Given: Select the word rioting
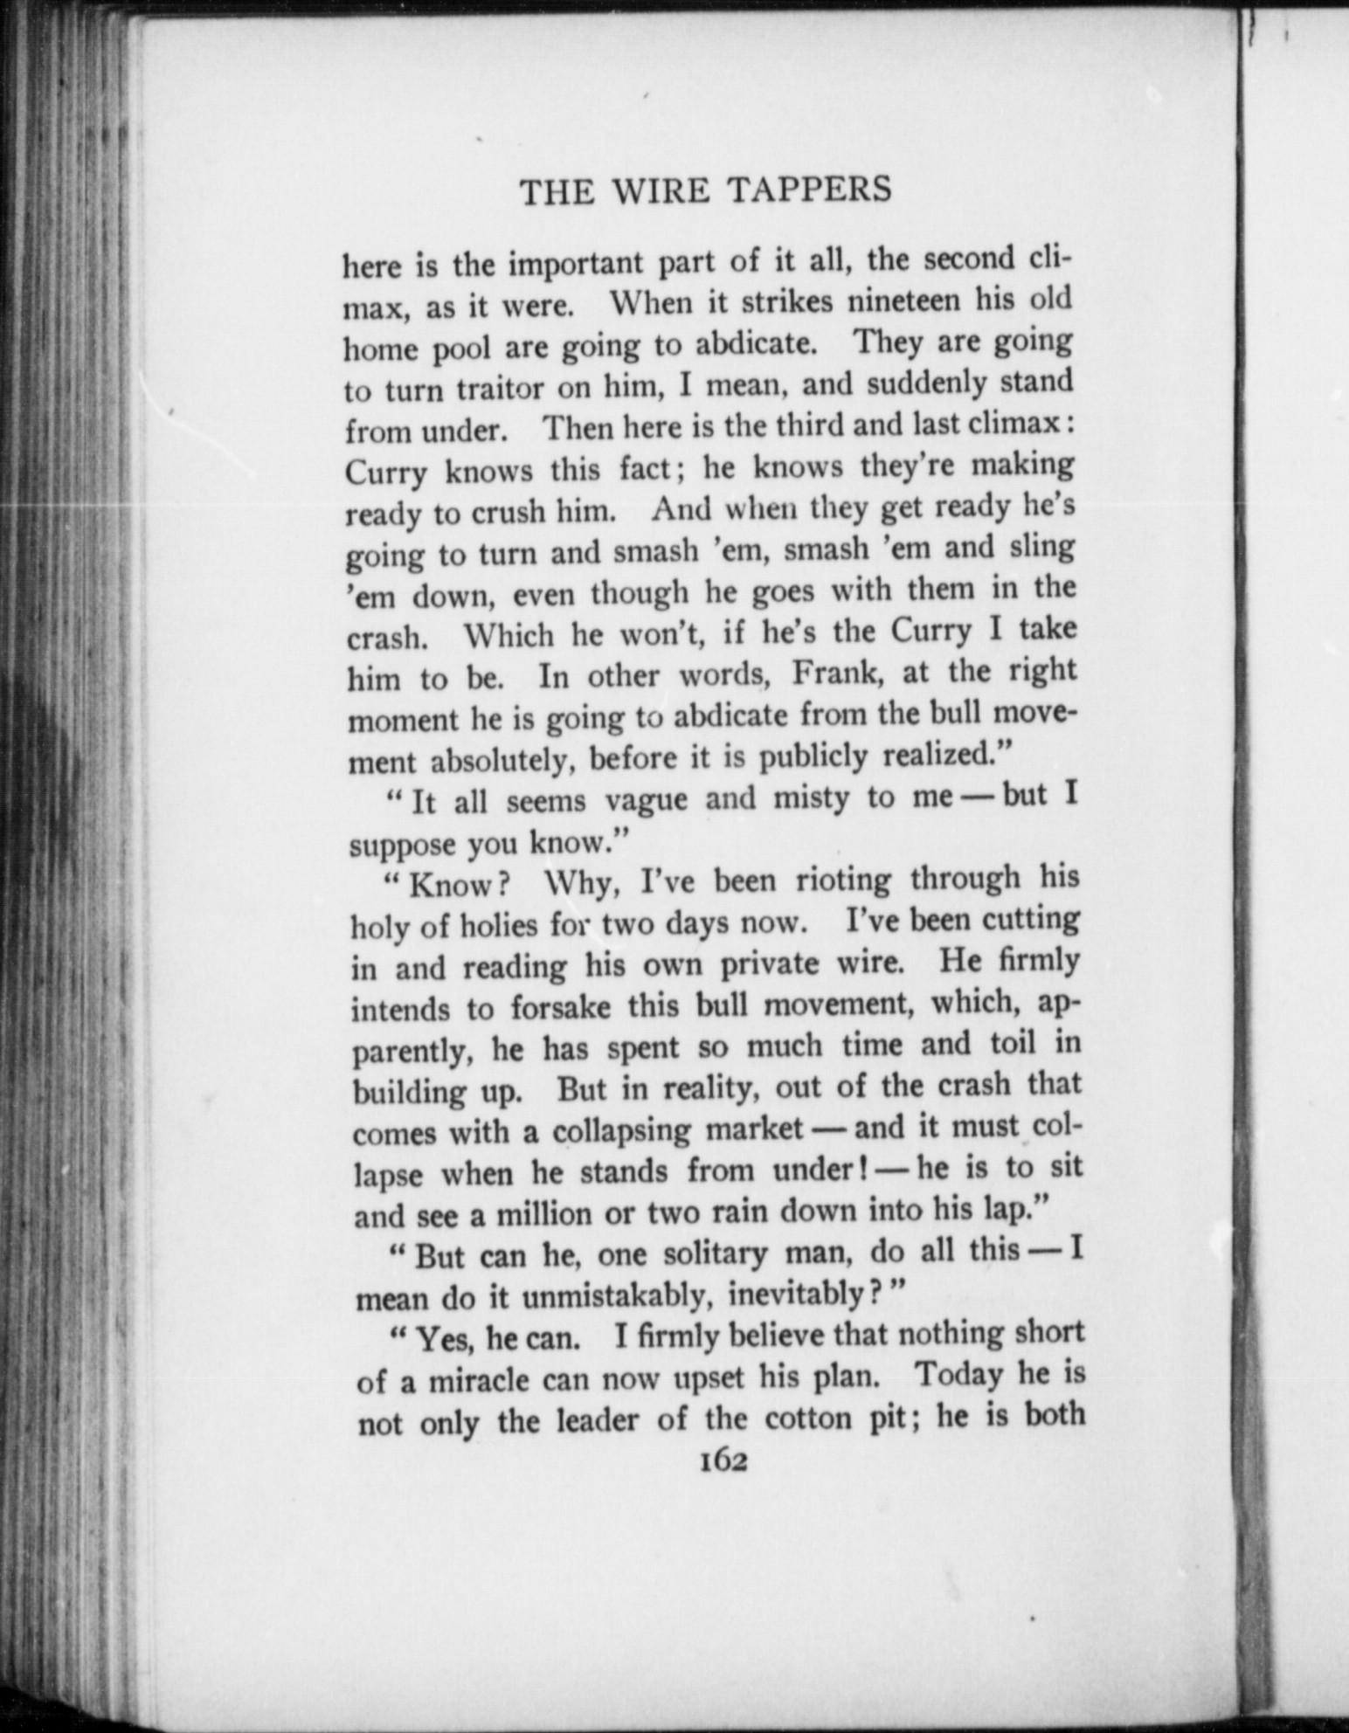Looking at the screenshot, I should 842,880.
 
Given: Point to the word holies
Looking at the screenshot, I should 520,925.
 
